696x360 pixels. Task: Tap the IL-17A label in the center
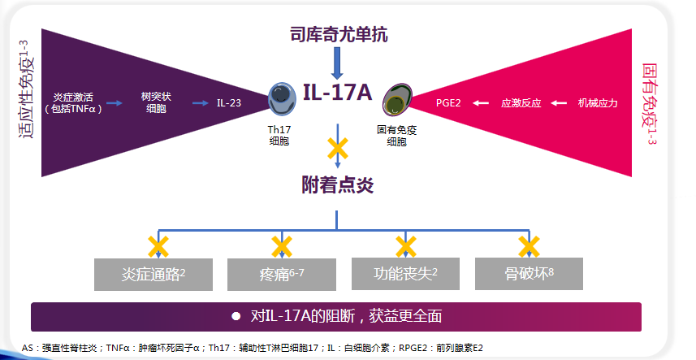click(x=337, y=92)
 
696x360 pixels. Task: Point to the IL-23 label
click(x=230, y=103)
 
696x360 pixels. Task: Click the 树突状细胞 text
click(x=155, y=102)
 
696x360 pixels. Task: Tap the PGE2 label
click(x=448, y=103)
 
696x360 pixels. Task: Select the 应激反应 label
click(x=521, y=103)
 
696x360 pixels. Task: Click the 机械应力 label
click(x=598, y=103)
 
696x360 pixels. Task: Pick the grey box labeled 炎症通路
click(x=153, y=275)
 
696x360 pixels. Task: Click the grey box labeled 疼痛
click(x=281, y=275)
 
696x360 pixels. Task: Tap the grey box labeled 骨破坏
click(x=529, y=275)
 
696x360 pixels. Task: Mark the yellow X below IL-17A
click(x=338, y=149)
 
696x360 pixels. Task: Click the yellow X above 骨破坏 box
click(x=529, y=245)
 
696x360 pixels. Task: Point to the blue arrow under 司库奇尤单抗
click(x=338, y=63)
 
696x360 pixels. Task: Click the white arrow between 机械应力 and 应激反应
click(x=558, y=103)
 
